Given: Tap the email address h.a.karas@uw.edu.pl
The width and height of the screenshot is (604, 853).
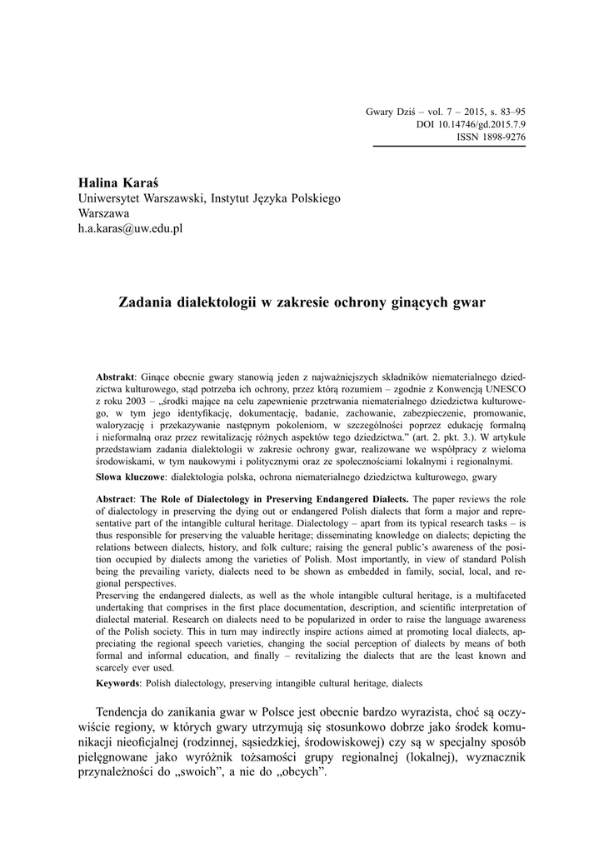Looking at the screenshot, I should [130, 228].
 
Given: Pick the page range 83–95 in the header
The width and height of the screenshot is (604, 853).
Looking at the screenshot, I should [508, 112].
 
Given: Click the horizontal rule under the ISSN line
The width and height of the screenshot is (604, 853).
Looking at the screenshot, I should [447, 147].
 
